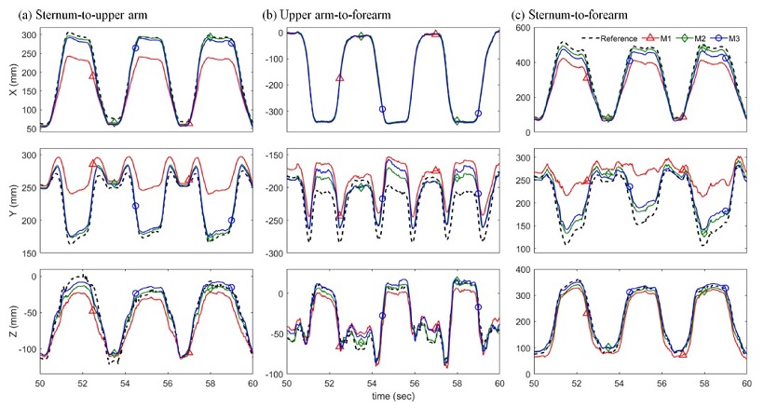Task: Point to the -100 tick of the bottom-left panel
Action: (25, 351)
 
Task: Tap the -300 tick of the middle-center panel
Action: (271, 253)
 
